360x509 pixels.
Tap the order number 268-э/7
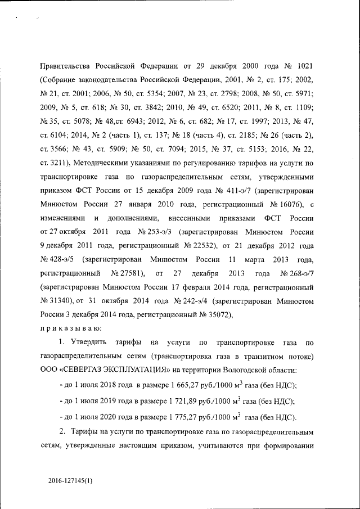[299, 273]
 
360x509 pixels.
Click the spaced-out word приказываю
[70, 327]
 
